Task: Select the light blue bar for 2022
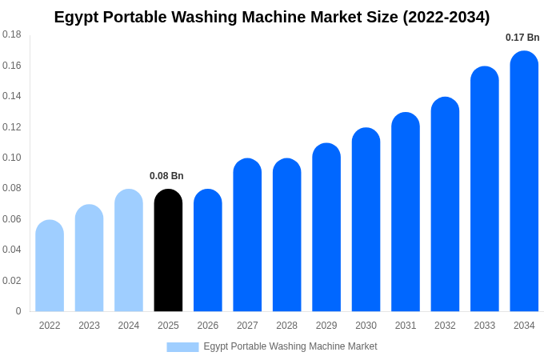[50, 266]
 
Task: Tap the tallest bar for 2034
[524, 182]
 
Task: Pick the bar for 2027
[247, 235]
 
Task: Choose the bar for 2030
[366, 220]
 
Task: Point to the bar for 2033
[484, 189]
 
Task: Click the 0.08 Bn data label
[166, 176]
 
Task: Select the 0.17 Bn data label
[522, 38]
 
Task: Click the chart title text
[272, 17]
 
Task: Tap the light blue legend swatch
[182, 346]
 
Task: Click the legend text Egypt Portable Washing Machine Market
[290, 346]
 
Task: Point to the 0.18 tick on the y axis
[12, 34]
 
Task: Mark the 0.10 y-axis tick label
[12, 158]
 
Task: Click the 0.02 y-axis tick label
[12, 281]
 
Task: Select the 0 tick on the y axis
[18, 311]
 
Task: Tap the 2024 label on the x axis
[129, 326]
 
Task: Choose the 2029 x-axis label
[326, 326]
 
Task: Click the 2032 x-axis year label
[445, 326]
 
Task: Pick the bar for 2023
[89, 258]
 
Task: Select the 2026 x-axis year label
[208, 326]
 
